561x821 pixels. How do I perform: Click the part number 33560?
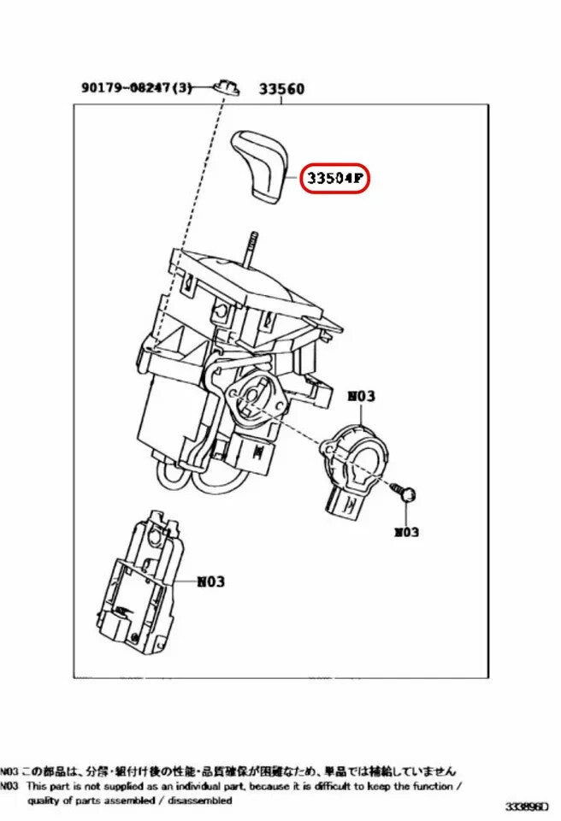tap(281, 88)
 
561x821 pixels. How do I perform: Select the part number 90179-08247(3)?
tap(138, 87)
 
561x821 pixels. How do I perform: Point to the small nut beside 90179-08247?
tap(227, 85)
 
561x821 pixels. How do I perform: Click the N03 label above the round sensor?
tap(360, 397)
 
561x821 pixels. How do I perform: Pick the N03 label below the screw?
tap(406, 532)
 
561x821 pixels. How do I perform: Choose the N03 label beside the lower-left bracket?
tap(210, 582)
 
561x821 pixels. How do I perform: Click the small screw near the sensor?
tap(405, 491)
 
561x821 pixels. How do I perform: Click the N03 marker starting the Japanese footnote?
tap(10, 771)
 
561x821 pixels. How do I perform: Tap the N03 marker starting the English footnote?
tap(10, 784)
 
